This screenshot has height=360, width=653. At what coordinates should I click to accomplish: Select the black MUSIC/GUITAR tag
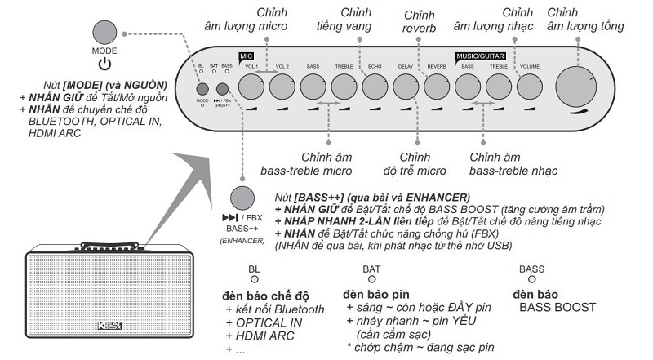click(480, 56)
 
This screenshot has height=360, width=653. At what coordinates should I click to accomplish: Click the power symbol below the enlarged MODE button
click(104, 64)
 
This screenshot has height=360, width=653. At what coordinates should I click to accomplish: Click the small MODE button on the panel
click(202, 90)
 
